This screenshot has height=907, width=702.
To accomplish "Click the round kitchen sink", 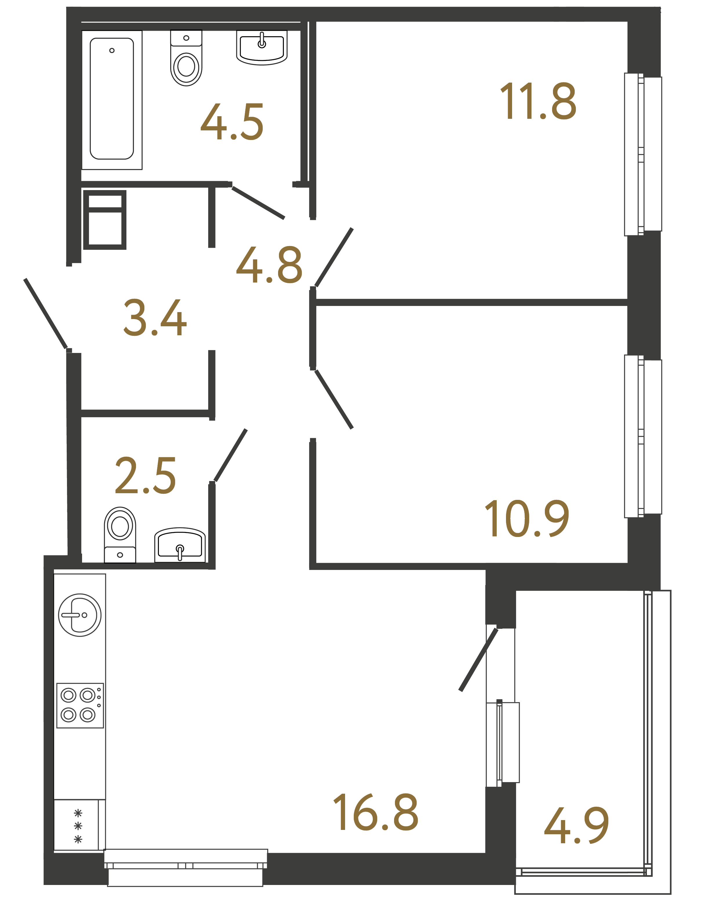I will coord(79,615).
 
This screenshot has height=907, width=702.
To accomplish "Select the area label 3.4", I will coord(155,317).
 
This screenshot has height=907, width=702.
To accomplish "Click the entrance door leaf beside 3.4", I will coord(45,313).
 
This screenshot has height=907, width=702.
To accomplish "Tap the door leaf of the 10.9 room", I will coord(334,399).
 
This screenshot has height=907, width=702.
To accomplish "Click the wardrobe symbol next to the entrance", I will coord(105,220).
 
